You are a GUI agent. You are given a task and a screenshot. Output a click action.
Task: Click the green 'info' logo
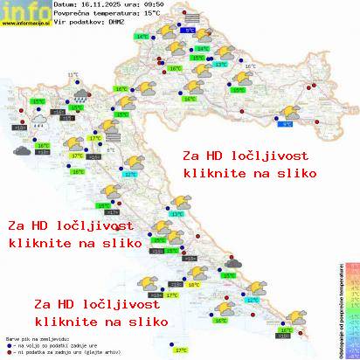pyautogui.click(x=24, y=12)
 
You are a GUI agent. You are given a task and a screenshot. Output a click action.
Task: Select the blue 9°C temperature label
pyautogui.click(x=286, y=124)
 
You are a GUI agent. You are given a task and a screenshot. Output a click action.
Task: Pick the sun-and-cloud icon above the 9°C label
pyautogui.click(x=287, y=111)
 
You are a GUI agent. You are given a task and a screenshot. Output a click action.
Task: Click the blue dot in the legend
pyautogui.click(x=8, y=342)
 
